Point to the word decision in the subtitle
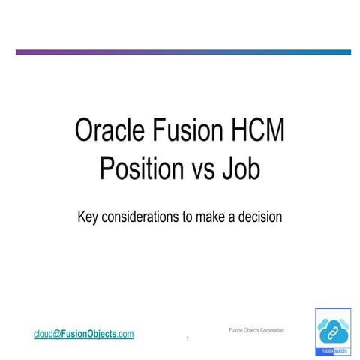259,217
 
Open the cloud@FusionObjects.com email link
83,333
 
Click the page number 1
187,340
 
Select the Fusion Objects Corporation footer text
256,330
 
